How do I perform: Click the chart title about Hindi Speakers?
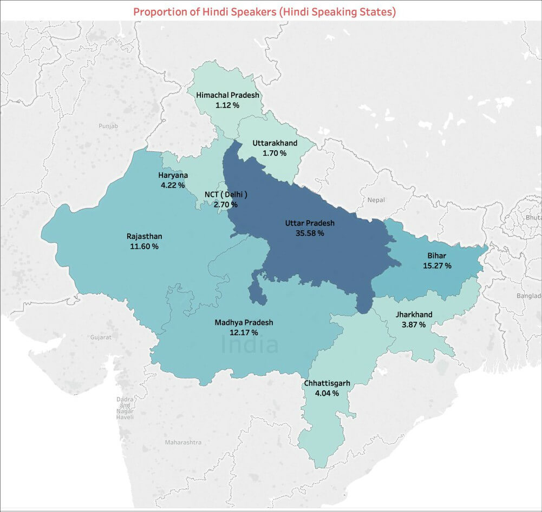click(264, 11)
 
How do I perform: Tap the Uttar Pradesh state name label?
click(310, 223)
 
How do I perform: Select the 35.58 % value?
click(310, 233)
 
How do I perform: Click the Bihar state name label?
click(437, 255)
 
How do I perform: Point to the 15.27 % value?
click(437, 265)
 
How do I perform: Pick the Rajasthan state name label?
click(144, 236)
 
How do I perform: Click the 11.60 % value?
click(144, 246)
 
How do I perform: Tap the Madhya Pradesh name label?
click(244, 322)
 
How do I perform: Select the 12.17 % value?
click(244, 333)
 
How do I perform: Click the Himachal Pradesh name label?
click(228, 95)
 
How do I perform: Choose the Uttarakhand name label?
click(275, 143)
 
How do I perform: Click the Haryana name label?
click(173, 175)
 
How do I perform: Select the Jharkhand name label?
click(414, 314)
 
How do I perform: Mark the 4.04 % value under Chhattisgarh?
click(327, 393)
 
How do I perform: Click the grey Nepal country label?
click(376, 200)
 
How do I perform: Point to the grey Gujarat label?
click(101, 337)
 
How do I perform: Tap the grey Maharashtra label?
click(183, 442)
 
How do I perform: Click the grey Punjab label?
click(108, 126)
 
